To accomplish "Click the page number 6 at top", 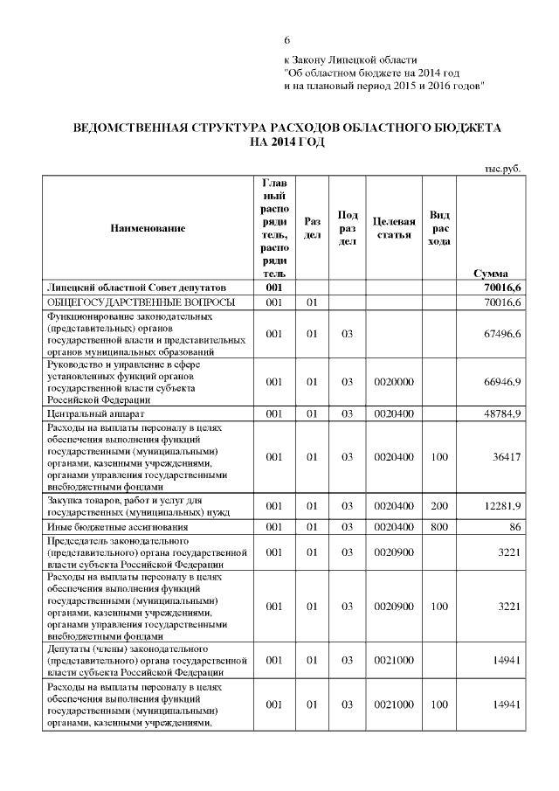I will [x=286, y=41].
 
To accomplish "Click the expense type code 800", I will [x=439, y=528].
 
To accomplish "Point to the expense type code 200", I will [x=439, y=506].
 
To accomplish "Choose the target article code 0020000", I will [x=393, y=382].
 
